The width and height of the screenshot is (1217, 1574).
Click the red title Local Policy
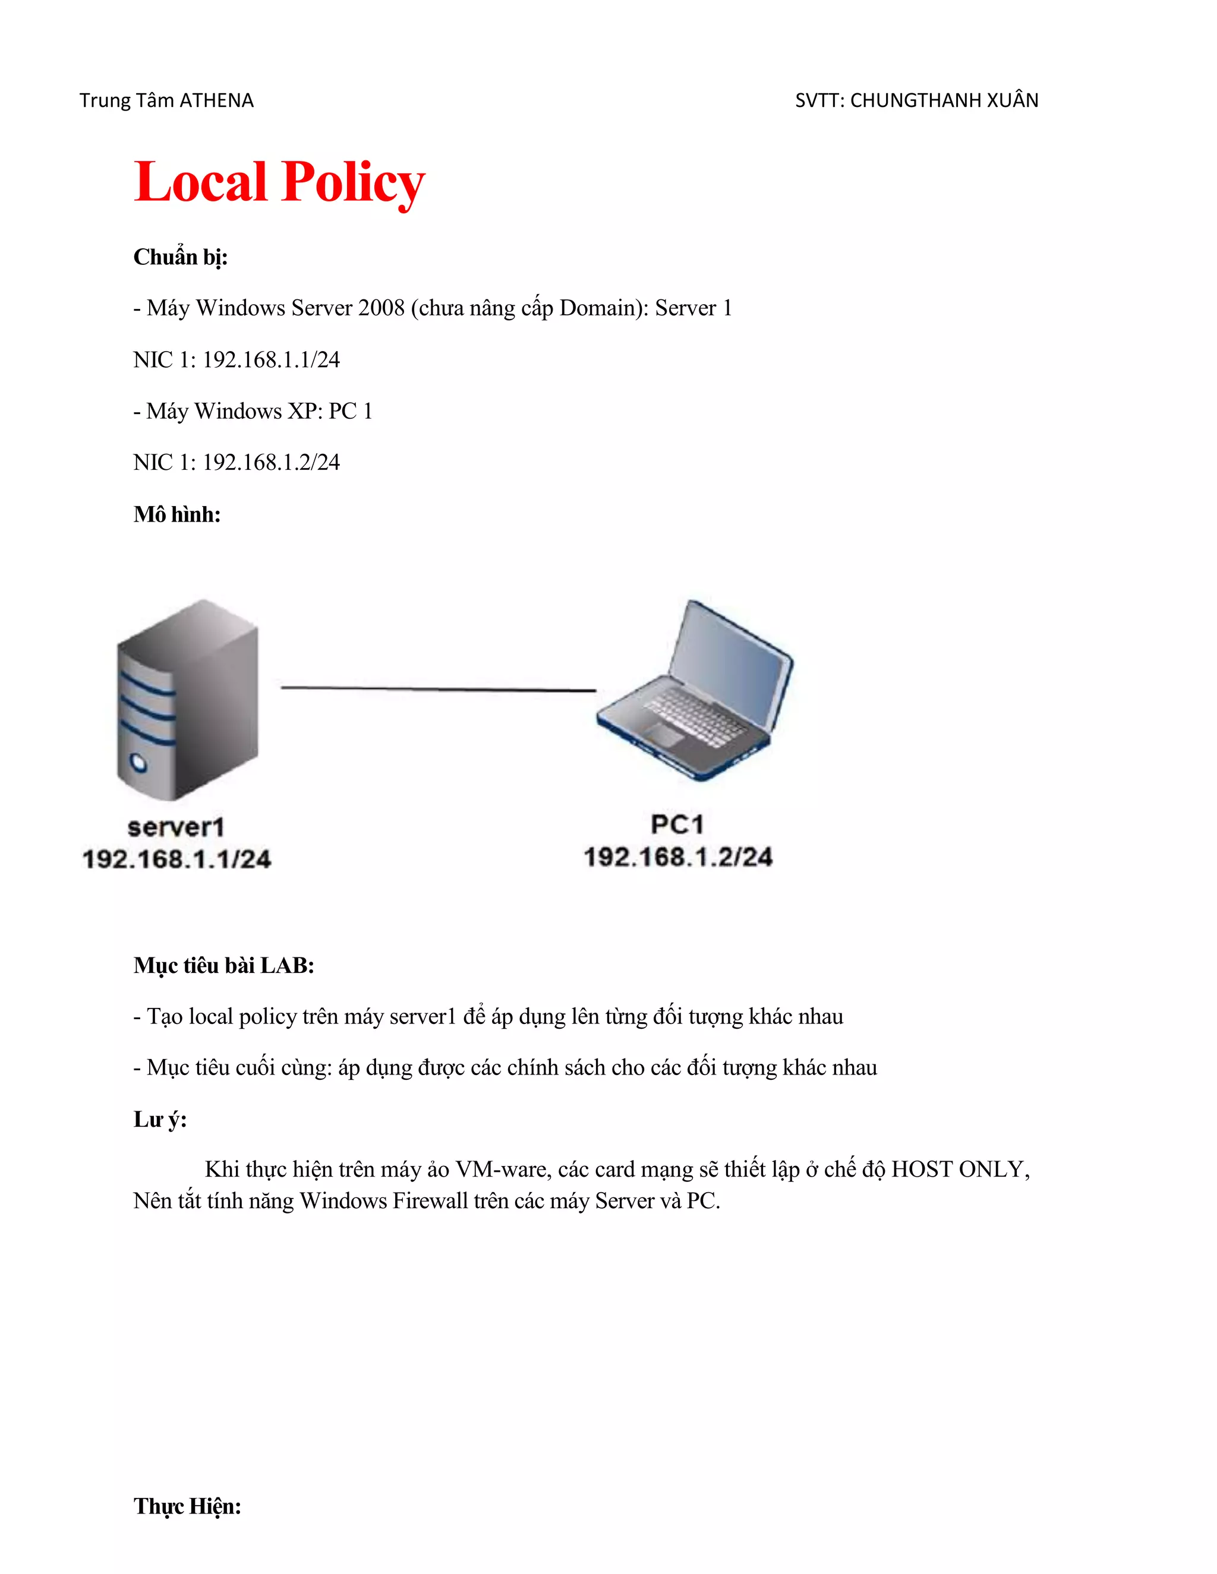tap(279, 182)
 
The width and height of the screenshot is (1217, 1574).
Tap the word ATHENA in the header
tap(216, 100)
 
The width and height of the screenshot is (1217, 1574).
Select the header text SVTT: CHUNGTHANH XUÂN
tap(916, 100)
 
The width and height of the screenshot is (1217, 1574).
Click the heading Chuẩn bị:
tap(180, 257)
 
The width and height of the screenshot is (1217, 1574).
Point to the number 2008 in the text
tap(382, 308)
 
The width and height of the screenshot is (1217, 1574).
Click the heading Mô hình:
tap(176, 514)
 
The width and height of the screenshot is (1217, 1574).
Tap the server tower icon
tap(187, 699)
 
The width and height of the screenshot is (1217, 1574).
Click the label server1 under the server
tap(176, 827)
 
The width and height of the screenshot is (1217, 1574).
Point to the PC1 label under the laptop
tap(677, 824)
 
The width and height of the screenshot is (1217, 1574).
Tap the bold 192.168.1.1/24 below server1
tap(176, 859)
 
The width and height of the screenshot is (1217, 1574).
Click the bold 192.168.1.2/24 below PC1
tap(677, 857)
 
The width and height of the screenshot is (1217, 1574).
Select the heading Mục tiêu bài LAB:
tap(223, 966)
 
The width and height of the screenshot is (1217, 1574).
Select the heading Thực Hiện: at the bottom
tap(187, 1506)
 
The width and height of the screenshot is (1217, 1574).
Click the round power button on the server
tap(138, 763)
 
